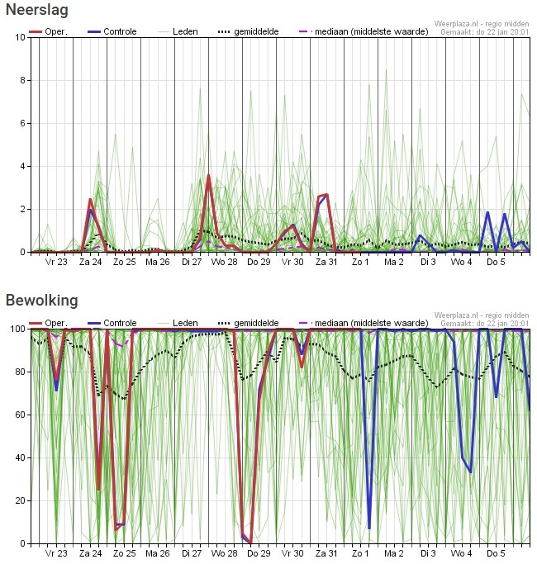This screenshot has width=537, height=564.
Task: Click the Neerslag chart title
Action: (x=37, y=10)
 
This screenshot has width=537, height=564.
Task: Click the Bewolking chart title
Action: (x=42, y=301)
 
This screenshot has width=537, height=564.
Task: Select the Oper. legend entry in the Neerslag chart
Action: (x=48, y=31)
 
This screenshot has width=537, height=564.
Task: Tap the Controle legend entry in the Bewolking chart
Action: (x=112, y=323)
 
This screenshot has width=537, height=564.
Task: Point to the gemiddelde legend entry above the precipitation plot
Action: (x=249, y=31)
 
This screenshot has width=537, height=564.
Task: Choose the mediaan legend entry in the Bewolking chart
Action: (x=364, y=323)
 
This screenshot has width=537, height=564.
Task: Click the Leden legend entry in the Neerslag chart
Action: (x=178, y=31)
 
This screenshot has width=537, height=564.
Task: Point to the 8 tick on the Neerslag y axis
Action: (x=22, y=80)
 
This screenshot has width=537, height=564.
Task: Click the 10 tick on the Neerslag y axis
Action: (x=21, y=37)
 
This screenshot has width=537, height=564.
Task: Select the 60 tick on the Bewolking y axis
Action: (x=21, y=415)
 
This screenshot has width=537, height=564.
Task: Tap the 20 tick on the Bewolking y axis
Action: (x=21, y=500)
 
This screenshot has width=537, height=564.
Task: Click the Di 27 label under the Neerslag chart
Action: (x=192, y=262)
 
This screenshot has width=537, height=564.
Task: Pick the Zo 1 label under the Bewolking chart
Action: (x=360, y=553)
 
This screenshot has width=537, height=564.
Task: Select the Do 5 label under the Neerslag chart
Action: (x=496, y=262)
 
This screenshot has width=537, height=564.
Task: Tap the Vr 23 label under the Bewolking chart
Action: (x=56, y=553)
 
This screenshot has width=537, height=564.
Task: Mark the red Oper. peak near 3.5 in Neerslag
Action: (x=209, y=176)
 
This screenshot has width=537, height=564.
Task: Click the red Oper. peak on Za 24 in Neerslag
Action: (x=90, y=200)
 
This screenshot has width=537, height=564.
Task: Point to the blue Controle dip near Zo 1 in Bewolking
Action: (x=369, y=528)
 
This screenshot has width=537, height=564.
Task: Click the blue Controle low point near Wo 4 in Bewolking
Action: (x=471, y=472)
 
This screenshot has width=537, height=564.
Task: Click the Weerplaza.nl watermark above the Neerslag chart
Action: (x=482, y=24)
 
